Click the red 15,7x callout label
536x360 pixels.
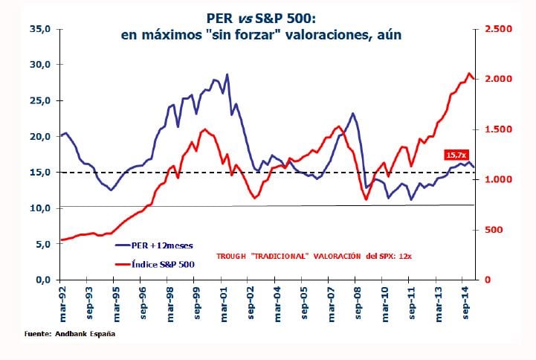coord(453,155)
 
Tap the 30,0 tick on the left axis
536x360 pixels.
coord(38,65)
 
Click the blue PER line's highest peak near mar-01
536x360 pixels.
coord(227,74)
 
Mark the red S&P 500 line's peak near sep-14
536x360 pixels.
coord(469,74)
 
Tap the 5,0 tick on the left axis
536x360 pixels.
coord(41,244)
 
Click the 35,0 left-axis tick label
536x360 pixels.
coord(38,29)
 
